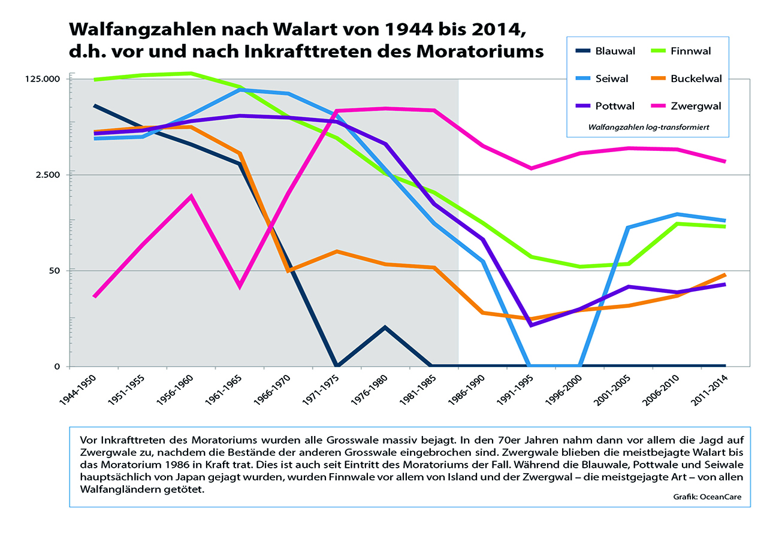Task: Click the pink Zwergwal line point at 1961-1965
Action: click(240, 286)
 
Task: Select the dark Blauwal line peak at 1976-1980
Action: click(385, 328)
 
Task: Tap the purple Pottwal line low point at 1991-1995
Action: click(531, 325)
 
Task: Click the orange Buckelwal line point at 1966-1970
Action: click(288, 271)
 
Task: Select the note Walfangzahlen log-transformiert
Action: click(649, 128)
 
